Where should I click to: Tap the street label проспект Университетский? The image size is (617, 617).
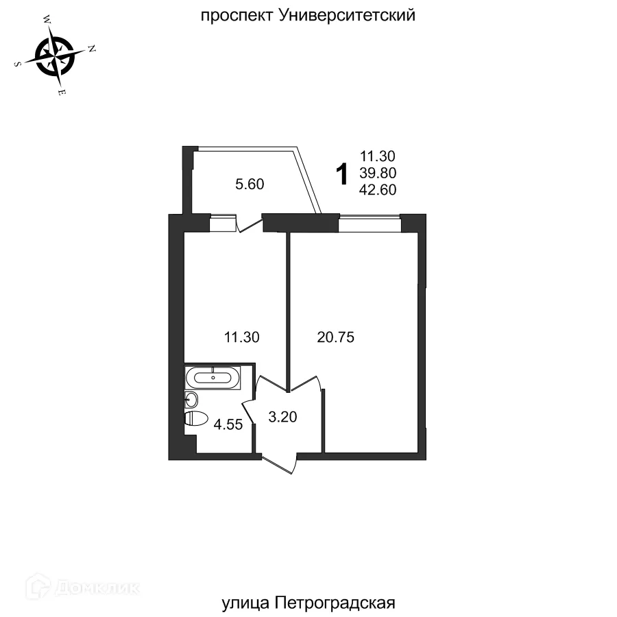point(308,15)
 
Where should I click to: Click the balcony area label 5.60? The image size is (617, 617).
point(250,184)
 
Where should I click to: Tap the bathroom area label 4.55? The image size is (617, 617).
point(228,424)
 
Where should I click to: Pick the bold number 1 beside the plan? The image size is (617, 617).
point(341,174)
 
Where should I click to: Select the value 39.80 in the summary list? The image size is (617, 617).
point(378,173)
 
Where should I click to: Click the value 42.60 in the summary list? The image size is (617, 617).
point(378,190)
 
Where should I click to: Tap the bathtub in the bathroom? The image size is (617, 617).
point(214,377)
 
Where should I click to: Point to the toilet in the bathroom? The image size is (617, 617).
point(196,419)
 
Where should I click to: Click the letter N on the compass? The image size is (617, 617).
point(92,49)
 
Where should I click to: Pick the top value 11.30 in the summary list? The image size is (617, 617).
point(378,157)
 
